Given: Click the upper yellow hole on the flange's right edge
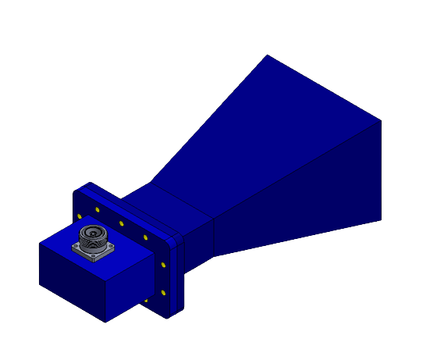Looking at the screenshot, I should tap(163, 266).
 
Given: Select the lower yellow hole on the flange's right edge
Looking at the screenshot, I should tap(163, 292).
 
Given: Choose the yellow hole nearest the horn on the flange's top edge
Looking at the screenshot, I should tap(145, 237).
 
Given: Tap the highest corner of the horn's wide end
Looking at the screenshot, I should tap(267, 55).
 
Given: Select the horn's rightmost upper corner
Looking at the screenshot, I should tap(381, 120).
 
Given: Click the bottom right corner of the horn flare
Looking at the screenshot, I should tap(381, 220).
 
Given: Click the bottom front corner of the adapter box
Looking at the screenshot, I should tap(105, 322).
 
